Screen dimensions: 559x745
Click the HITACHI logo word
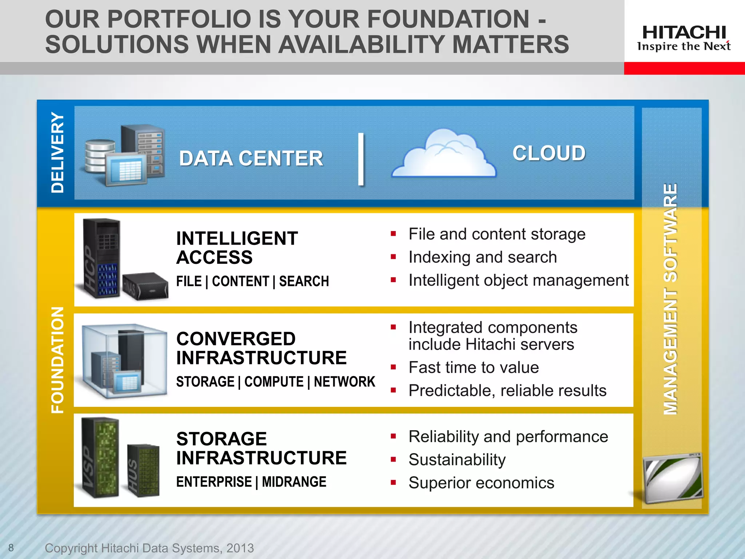coord(684,32)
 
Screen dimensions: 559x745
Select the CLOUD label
coord(549,153)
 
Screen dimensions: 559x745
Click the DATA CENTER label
coord(251,159)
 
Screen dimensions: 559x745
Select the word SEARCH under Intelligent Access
coord(304,281)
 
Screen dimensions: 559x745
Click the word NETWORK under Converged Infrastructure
coord(344,382)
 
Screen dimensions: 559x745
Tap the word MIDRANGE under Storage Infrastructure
coord(294,482)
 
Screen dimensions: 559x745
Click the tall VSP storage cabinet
coord(100,457)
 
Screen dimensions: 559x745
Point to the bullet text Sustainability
coord(457,460)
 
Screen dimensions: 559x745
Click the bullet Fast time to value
coord(473,367)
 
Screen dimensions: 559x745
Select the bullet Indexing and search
coord(482,257)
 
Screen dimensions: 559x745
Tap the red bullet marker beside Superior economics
coord(393,483)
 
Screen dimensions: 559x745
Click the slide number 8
coord(11,547)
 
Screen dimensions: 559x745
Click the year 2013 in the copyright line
coord(240,548)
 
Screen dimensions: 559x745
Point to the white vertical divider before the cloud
coord(360,159)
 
